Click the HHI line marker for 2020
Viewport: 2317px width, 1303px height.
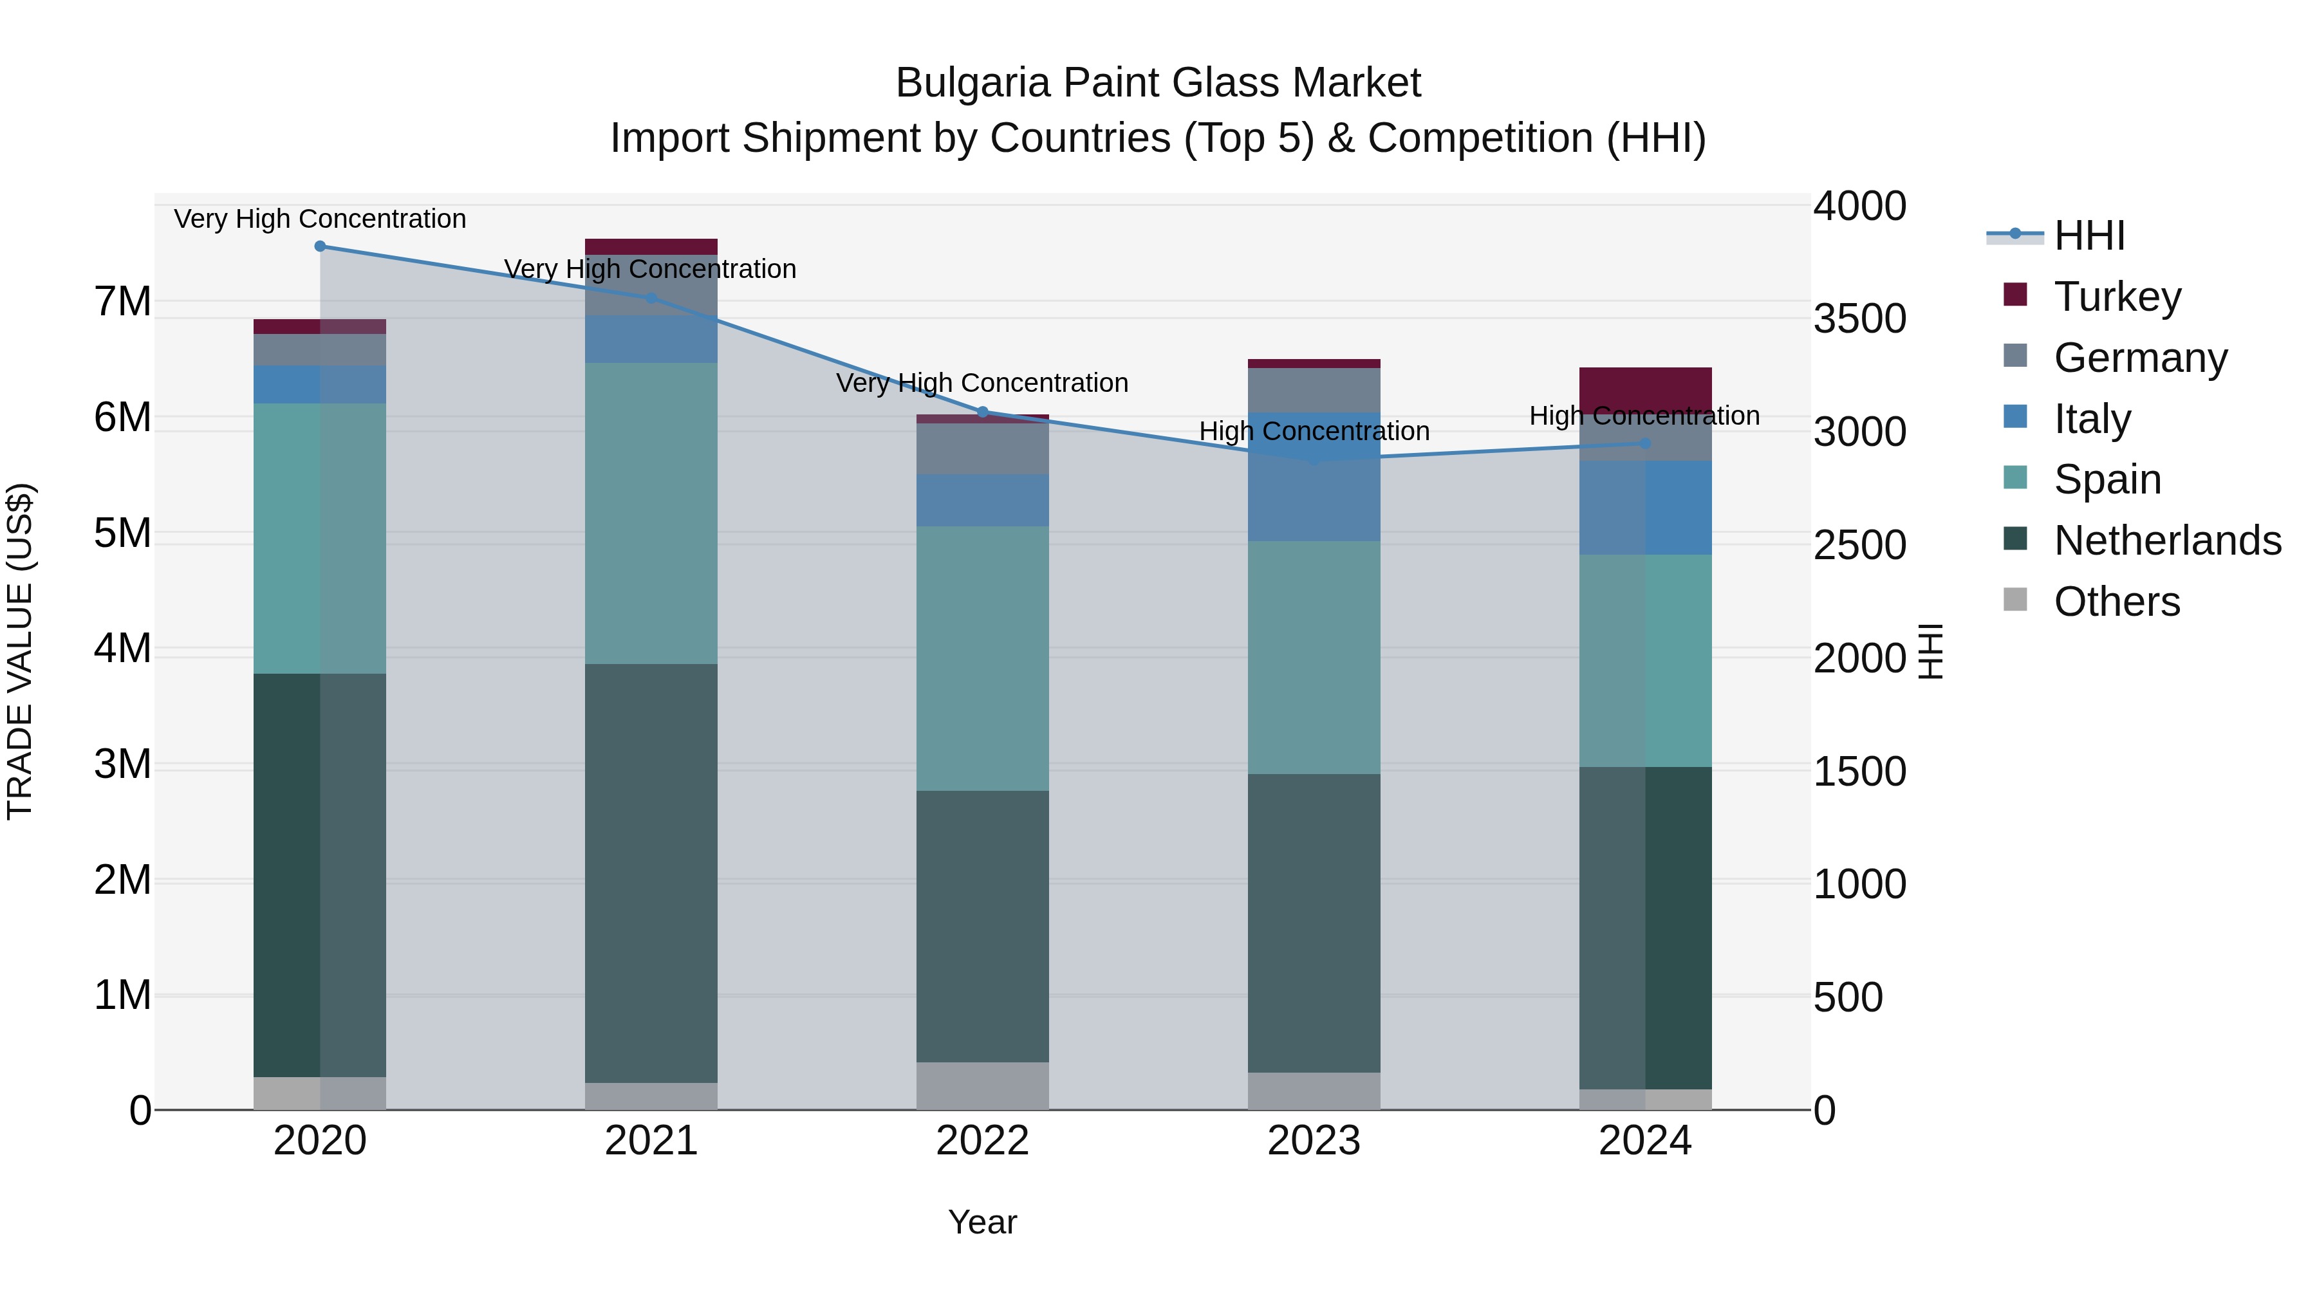click(321, 246)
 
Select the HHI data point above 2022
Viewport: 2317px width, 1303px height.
click(982, 412)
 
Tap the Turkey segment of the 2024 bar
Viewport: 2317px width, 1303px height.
click(1645, 389)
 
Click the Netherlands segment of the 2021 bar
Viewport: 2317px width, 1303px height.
click(651, 873)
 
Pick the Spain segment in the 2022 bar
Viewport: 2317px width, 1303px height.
click(982, 658)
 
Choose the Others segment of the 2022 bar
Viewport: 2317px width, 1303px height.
click(982, 1086)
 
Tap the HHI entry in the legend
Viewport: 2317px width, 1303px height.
click(2089, 236)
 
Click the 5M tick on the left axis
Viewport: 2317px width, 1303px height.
click(122, 533)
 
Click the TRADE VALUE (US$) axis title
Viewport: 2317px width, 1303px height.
click(20, 651)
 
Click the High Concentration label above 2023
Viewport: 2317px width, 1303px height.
click(1314, 432)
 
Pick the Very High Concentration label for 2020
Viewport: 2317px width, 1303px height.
click(321, 219)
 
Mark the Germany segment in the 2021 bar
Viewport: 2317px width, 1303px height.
click(651, 285)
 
